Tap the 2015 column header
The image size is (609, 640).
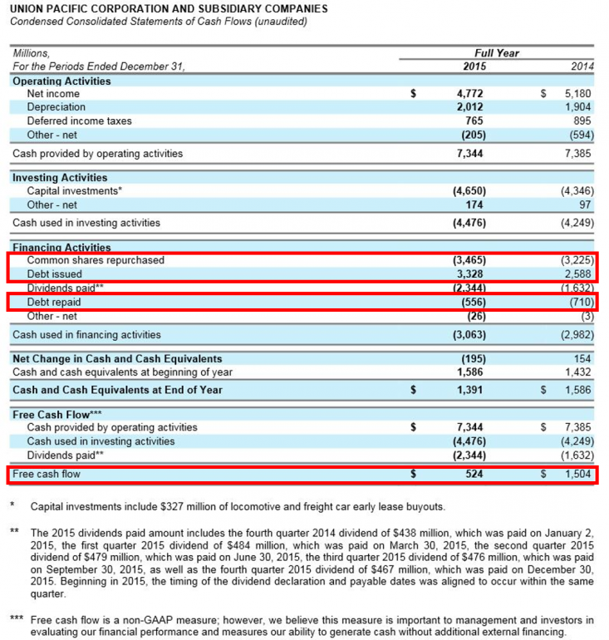click(474, 66)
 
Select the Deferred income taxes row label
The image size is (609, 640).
click(79, 121)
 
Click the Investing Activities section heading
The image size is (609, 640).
click(60, 177)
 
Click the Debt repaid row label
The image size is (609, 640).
click(53, 303)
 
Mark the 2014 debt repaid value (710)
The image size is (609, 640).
click(575, 303)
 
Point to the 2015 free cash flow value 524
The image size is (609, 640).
click(474, 475)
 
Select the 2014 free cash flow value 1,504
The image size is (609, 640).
click(575, 475)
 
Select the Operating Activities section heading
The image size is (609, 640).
click(61, 81)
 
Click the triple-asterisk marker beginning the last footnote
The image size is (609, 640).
click(17, 620)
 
